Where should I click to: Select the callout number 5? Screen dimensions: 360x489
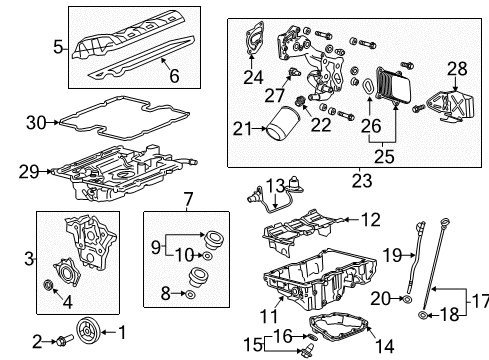59,46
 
